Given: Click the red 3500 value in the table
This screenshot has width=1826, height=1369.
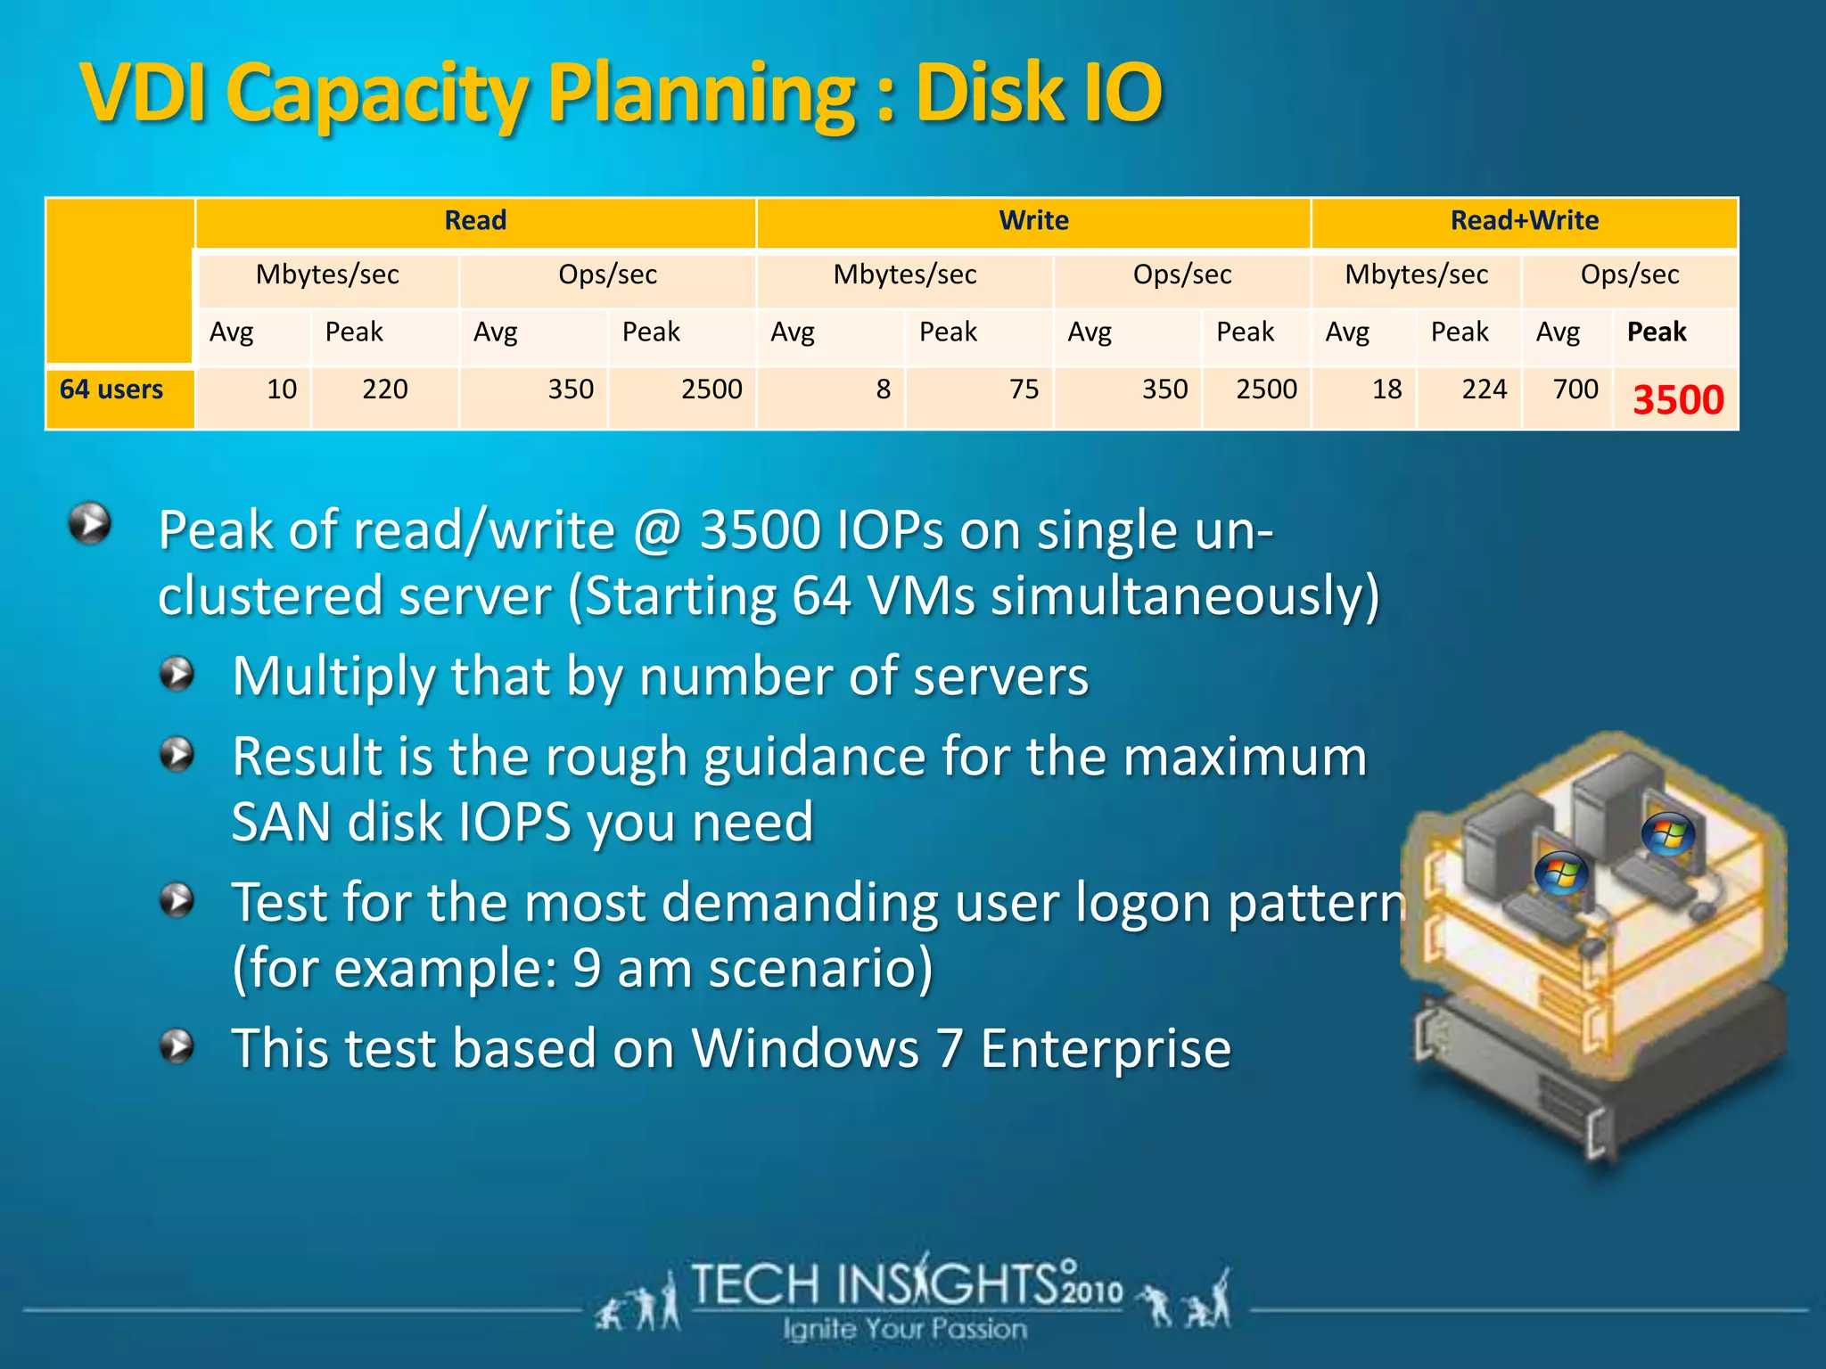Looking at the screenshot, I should (x=1678, y=399).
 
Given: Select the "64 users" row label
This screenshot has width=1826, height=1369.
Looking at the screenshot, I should (x=111, y=389).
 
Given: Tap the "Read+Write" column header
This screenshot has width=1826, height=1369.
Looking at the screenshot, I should (x=1524, y=220).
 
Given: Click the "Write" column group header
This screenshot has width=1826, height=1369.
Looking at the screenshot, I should (x=1033, y=220).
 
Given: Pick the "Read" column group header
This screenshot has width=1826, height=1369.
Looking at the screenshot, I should (x=475, y=220).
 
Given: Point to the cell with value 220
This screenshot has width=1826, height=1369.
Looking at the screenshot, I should (x=384, y=389).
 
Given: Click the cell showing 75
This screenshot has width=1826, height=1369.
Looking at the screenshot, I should (x=1024, y=389).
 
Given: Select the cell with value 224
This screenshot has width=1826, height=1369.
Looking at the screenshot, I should (x=1484, y=389).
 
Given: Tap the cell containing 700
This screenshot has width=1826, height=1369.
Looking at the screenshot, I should (x=1575, y=389).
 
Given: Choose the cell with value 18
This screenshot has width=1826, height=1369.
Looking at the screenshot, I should (x=1386, y=389).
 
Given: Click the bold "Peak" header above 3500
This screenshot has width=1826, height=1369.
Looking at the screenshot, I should (x=1657, y=332).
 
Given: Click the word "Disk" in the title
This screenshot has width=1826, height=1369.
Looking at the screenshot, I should (x=989, y=93).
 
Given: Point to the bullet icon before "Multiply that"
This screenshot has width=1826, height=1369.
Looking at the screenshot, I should (x=177, y=675).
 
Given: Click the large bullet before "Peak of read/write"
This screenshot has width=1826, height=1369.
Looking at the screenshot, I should (x=90, y=523).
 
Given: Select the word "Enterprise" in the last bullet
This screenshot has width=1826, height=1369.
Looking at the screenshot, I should (x=1106, y=1048).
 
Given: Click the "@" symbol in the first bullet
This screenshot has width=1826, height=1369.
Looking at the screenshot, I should (x=657, y=531).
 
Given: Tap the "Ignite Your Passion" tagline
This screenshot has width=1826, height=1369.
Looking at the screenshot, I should (x=905, y=1329).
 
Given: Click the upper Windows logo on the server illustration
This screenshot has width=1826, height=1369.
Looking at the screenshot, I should (x=1667, y=834).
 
